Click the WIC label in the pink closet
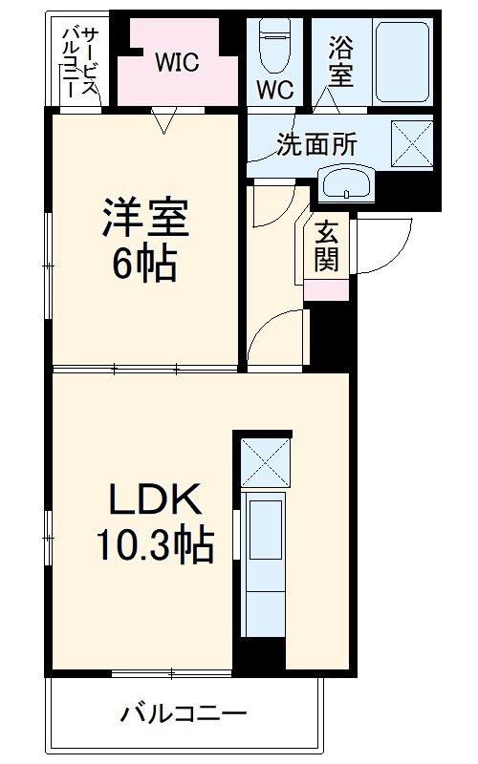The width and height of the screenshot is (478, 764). point(177,63)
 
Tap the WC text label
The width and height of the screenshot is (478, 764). point(274,89)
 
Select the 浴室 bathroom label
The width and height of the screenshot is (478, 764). point(340,60)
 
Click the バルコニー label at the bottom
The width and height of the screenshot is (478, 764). point(185,713)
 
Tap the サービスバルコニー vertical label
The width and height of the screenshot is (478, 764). point(78,60)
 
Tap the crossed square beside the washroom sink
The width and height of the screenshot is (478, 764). point(413,144)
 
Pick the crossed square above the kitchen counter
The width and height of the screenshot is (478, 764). point(264,460)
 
